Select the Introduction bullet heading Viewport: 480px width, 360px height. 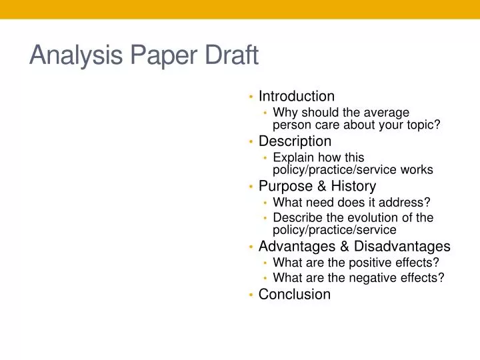pos(297,97)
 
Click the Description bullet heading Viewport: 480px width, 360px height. pos(295,141)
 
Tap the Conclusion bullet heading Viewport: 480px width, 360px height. pos(295,295)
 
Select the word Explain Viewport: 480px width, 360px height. pos(293,158)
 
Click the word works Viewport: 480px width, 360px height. pos(419,169)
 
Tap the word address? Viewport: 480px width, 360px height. pos(408,202)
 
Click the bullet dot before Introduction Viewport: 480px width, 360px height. pos(250,97)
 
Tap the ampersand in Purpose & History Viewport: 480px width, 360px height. pos(317,186)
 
